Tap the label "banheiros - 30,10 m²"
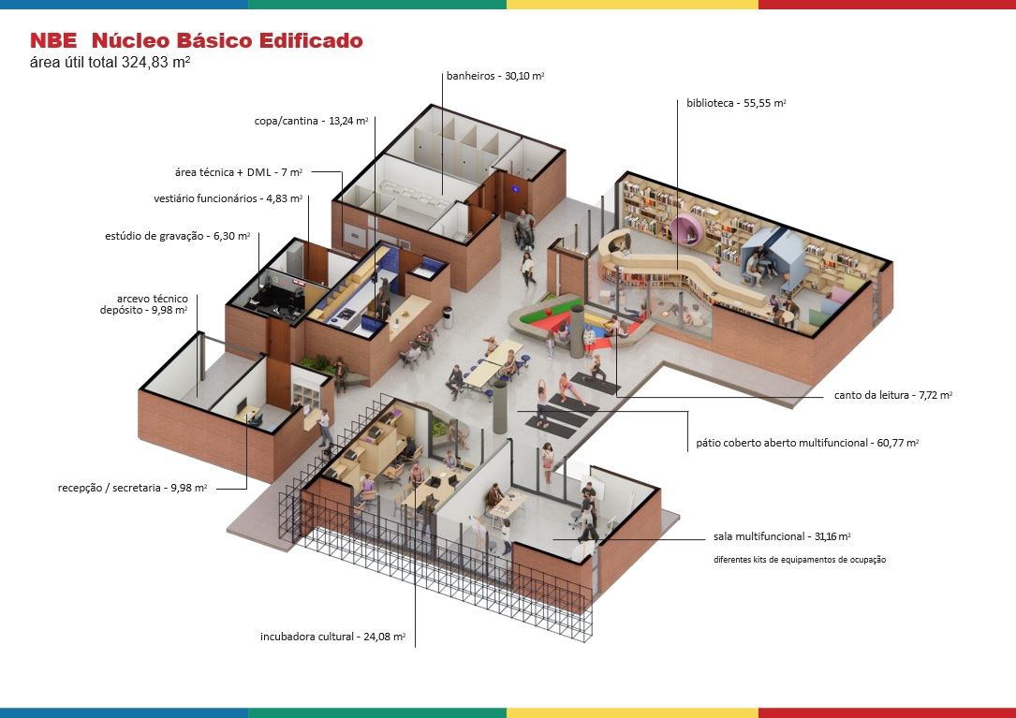click(x=493, y=76)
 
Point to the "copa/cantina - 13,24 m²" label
click(x=311, y=120)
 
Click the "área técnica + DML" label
click(x=239, y=172)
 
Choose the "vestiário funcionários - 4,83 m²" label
click(x=228, y=198)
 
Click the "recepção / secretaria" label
click(x=132, y=488)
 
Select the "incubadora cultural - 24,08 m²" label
click(x=332, y=637)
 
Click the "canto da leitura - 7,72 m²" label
click(x=892, y=396)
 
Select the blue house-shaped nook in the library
click(x=767, y=253)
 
